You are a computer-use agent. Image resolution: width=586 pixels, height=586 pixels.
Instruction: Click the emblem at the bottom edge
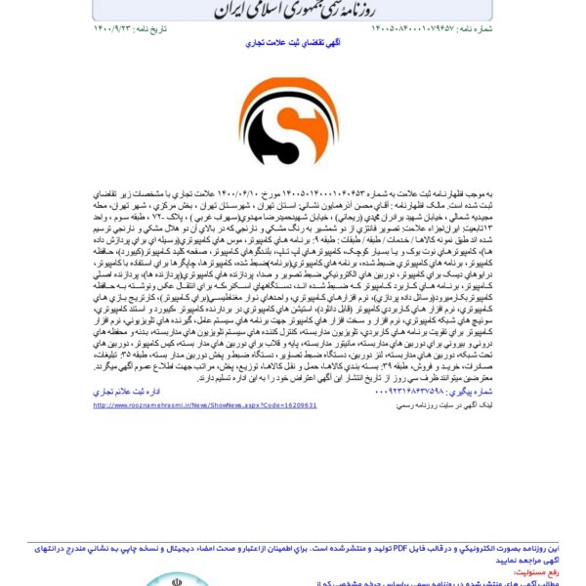[x=176, y=580]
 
